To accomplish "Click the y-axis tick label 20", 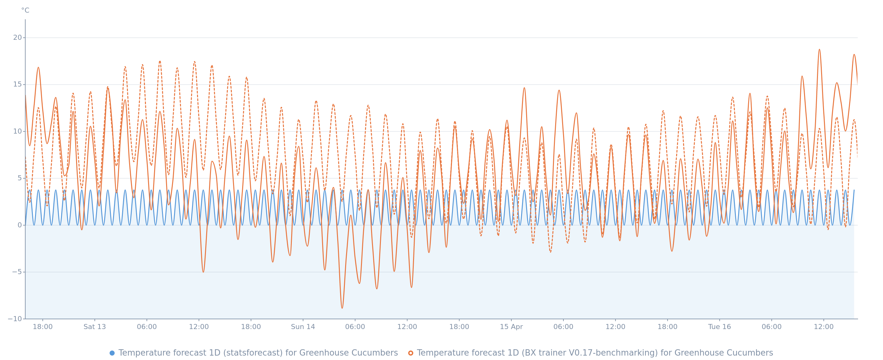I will [x=17, y=38].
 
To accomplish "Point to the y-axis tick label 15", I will [x=17, y=84].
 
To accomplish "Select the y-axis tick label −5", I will [x=16, y=272].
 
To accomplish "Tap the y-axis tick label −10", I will [x=15, y=319].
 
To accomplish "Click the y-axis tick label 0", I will [x=20, y=225].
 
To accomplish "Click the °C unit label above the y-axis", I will [x=25, y=11].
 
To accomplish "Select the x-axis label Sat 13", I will [x=95, y=327].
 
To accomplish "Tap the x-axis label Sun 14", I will [x=303, y=327].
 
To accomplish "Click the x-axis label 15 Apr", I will [x=511, y=327].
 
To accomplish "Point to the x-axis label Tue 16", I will [x=719, y=327].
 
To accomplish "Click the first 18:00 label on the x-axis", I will [x=43, y=327].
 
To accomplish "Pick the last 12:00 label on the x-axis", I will [x=824, y=327].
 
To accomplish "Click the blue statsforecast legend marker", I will [x=112, y=353].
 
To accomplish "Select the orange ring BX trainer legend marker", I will [x=411, y=353].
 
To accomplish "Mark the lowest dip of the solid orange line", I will [x=342, y=308].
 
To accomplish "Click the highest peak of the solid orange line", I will [x=820, y=50].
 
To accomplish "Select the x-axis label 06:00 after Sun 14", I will [x=355, y=327].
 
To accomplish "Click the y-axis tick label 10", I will [x=17, y=131].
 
